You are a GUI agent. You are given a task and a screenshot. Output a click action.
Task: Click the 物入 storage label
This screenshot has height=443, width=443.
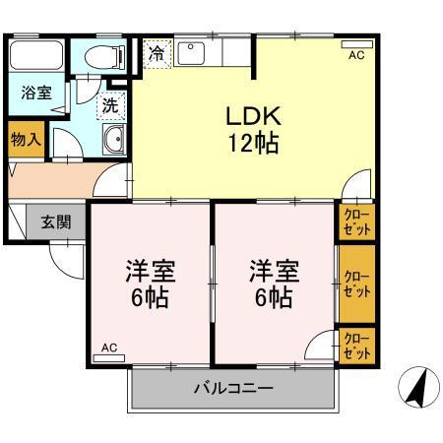(26, 140)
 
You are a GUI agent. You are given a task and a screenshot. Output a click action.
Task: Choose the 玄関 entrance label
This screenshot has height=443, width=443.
(54, 222)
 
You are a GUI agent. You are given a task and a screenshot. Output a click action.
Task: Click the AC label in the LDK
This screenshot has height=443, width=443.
(355, 56)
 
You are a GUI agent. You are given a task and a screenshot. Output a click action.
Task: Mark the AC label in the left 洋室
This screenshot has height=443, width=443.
(109, 347)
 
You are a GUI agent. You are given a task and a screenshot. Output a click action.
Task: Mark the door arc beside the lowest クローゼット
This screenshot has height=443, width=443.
(320, 348)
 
